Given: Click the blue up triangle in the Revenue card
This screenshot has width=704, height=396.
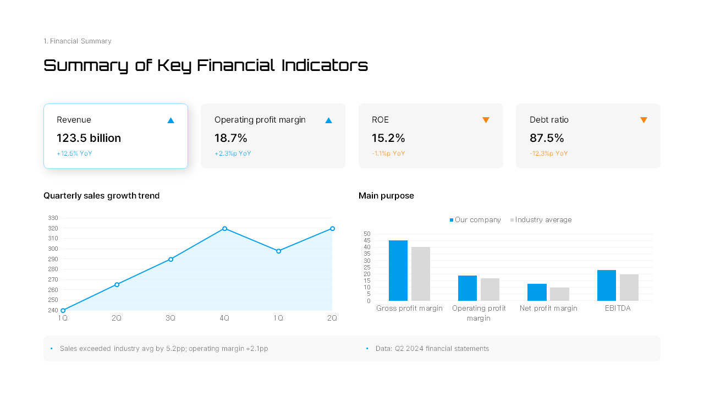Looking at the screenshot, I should (170, 120).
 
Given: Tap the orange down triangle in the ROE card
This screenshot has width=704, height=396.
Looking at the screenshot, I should (486, 120).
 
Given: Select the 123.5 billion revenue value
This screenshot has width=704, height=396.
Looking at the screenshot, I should (89, 138).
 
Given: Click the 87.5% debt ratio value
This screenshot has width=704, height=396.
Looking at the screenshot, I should (547, 138).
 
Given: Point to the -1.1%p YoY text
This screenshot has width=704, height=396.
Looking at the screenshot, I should (388, 153).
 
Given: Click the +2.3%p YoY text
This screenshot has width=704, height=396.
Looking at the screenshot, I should (233, 153).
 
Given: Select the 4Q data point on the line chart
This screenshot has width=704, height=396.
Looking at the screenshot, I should (224, 228).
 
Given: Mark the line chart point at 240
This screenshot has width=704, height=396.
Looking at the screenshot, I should (63, 310).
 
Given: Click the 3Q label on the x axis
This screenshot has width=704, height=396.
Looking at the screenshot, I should (170, 318).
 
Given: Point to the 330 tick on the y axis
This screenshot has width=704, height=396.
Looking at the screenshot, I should (53, 218).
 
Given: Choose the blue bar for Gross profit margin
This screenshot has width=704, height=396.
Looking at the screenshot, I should (398, 271).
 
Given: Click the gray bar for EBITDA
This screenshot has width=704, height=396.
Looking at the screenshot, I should (629, 287).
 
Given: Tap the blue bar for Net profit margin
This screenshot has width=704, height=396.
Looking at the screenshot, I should (537, 292).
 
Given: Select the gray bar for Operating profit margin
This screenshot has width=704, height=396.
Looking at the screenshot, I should (490, 289).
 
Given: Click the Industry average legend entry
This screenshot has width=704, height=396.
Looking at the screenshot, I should (541, 220).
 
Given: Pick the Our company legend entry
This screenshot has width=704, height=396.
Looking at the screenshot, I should (476, 220).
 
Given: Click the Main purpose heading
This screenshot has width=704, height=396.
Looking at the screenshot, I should (386, 196).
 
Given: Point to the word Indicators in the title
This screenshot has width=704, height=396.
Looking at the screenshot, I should (324, 65).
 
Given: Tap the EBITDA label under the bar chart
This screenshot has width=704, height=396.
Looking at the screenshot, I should (618, 309).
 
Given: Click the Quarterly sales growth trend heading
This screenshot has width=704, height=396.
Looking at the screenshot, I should (101, 196).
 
